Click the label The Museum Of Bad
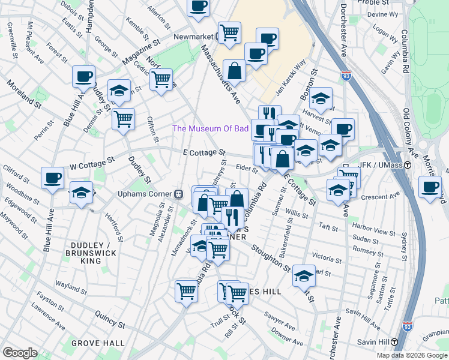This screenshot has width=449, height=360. pos(210,128)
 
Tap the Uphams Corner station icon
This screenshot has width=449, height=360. pos(178,194)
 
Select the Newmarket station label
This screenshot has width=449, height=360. pos(194,37)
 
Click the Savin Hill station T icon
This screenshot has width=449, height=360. pos(394,342)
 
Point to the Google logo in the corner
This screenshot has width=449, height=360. pos(20,353)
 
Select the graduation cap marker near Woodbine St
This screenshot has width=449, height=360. pos(81,192)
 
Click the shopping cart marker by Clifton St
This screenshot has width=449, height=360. pos(123,119)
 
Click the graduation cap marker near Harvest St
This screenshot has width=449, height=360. pos(321,98)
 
